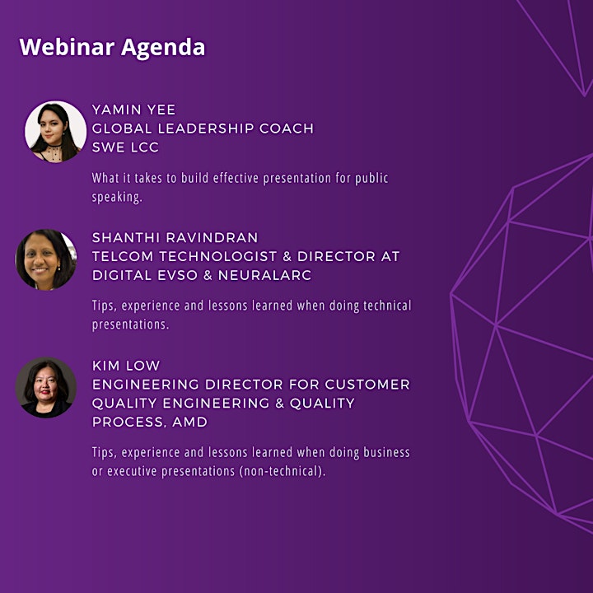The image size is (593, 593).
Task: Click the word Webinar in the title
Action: coord(67,47)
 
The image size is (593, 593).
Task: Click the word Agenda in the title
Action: coord(163,48)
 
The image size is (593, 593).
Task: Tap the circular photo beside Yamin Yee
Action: coord(56,132)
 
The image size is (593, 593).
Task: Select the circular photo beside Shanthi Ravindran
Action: coord(46,259)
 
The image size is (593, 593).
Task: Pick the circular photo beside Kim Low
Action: coord(46,388)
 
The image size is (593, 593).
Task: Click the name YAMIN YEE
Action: coord(134,110)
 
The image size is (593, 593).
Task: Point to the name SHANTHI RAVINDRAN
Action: coord(175,237)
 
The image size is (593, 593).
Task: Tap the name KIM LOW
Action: coord(126,366)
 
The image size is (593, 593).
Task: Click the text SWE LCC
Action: coord(125,147)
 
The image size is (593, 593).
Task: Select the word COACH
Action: coord(287,128)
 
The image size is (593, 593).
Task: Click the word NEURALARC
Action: coord(264,275)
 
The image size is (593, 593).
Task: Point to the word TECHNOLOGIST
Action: coord(217,256)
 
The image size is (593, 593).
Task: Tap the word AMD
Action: coord(190,422)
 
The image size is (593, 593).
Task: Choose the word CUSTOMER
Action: coord(367,385)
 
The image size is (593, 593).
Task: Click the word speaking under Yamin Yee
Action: coord(117,197)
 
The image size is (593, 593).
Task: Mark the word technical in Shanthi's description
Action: coord(387,306)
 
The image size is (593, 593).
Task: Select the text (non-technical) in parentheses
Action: coord(282,471)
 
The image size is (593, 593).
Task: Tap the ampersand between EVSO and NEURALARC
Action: coord(208,275)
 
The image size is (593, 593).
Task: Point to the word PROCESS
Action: coord(129,422)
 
